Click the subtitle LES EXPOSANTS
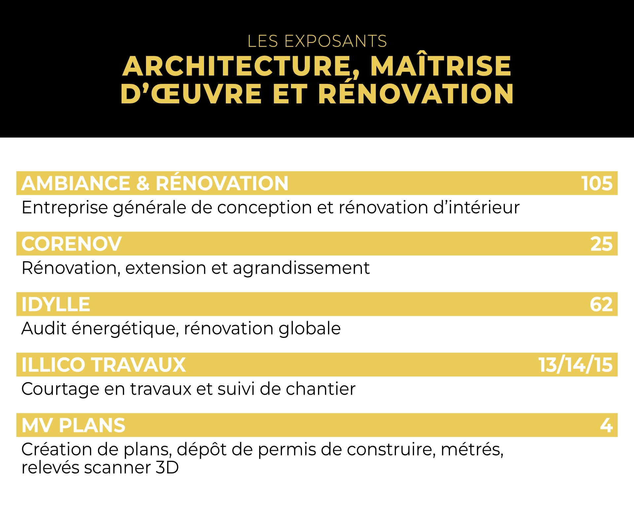point(317,41)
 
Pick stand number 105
point(597,183)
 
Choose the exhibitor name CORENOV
point(72,244)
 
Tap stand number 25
point(601,244)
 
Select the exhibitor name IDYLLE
point(56,304)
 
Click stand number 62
point(601,305)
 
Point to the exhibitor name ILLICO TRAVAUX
point(104,365)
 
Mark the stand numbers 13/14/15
point(576,365)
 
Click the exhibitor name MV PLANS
point(73,425)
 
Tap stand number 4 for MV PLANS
point(607,425)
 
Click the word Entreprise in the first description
point(65,208)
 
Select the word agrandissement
point(301,268)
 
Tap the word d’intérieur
point(476,207)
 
